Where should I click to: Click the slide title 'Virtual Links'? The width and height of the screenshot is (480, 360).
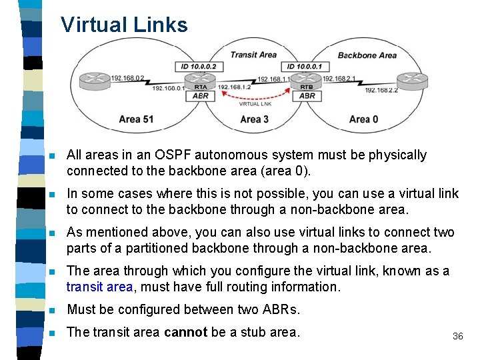click(x=124, y=25)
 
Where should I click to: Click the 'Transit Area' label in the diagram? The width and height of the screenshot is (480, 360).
click(x=253, y=55)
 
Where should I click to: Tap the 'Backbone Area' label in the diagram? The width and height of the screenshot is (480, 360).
click(x=367, y=55)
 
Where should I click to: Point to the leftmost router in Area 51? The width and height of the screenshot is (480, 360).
click(x=95, y=81)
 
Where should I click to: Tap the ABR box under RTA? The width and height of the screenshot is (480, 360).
click(x=200, y=96)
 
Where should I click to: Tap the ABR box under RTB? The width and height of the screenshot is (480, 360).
click(x=307, y=96)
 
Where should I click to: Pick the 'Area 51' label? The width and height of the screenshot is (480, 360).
click(x=136, y=119)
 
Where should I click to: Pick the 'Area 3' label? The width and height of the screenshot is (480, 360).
click(x=254, y=119)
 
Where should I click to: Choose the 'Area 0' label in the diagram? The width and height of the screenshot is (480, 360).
click(x=363, y=119)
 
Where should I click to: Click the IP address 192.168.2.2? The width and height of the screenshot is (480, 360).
click(x=381, y=91)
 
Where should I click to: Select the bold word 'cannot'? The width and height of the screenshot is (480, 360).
click(x=185, y=332)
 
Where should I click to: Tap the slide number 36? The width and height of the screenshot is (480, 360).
click(x=457, y=336)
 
